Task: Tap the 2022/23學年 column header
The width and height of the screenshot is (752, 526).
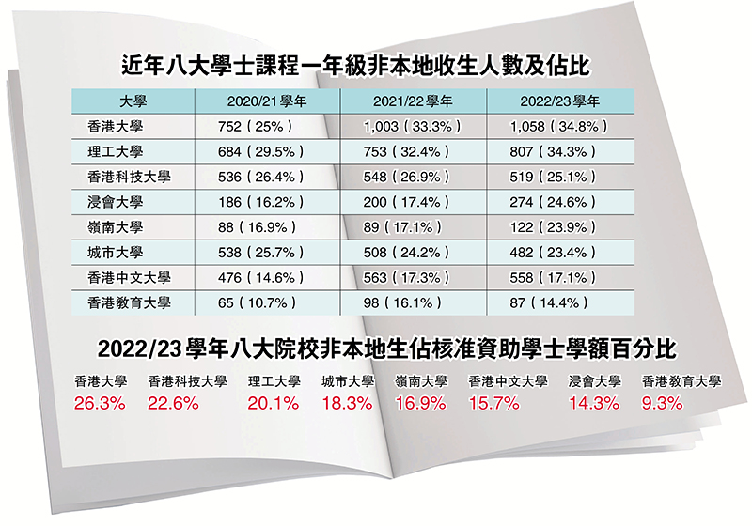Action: click(561, 101)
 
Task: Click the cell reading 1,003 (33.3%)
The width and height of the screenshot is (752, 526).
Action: click(412, 126)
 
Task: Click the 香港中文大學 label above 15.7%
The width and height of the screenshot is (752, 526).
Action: click(508, 382)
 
